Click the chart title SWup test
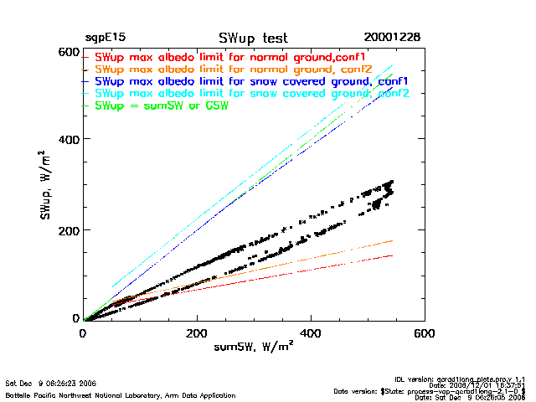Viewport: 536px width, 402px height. click(254, 39)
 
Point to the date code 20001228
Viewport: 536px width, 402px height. click(392, 39)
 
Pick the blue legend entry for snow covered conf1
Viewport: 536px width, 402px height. click(251, 81)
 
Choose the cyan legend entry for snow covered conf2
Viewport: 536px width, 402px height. click(251, 94)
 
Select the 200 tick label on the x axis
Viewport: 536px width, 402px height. click(197, 333)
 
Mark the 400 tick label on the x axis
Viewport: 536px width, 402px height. click(311, 333)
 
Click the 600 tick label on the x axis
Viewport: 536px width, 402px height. click(425, 333)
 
